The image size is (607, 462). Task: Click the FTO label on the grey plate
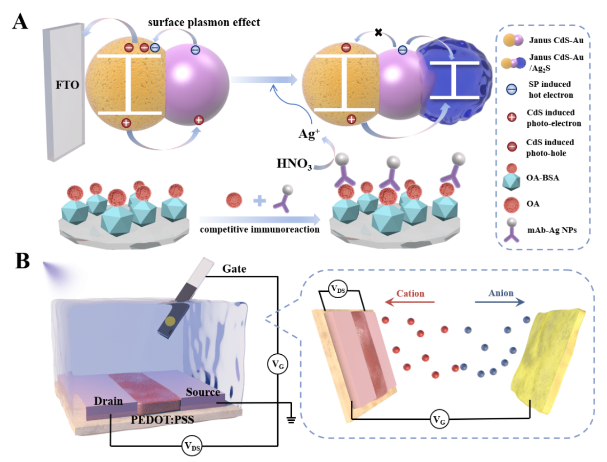click(x=67, y=85)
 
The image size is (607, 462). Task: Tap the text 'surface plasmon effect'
click(x=204, y=22)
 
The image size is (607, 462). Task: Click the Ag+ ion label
click(x=309, y=133)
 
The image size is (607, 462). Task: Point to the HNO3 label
click(x=294, y=164)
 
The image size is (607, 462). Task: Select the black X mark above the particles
click(x=379, y=33)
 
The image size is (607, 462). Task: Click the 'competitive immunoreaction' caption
click(x=260, y=229)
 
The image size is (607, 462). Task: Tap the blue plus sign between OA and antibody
click(x=260, y=201)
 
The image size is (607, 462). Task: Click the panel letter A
click(x=20, y=22)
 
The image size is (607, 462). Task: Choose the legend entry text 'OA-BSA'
click(x=542, y=178)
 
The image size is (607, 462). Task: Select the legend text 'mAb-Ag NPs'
click(x=552, y=230)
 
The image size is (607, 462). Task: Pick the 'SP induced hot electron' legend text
click(x=551, y=90)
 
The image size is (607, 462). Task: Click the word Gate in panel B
click(x=234, y=268)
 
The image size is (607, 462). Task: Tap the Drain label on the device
click(x=108, y=401)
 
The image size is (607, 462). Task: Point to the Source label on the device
click(x=203, y=392)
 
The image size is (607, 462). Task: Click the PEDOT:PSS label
click(x=162, y=419)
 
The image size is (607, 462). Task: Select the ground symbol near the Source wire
click(x=291, y=419)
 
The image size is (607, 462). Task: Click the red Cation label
click(x=411, y=293)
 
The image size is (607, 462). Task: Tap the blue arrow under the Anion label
click(x=500, y=302)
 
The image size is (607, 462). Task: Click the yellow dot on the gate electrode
click(x=170, y=321)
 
